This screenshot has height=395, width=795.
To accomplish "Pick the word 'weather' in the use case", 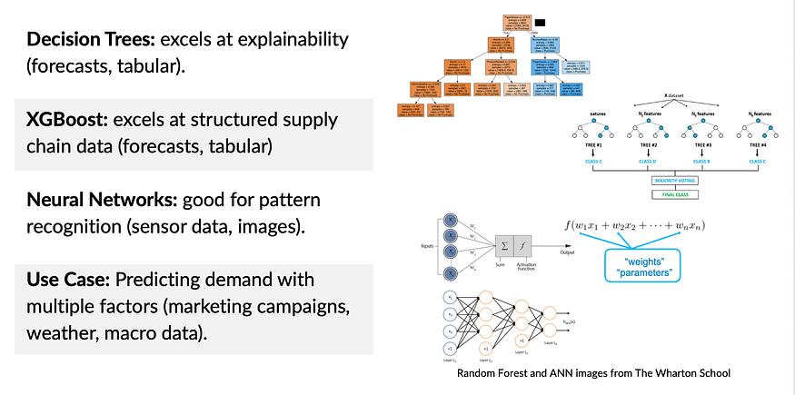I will (x=60, y=333).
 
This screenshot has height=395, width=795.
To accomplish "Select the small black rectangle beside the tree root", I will (x=540, y=22).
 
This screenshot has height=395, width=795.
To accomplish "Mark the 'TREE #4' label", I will (x=758, y=145).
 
